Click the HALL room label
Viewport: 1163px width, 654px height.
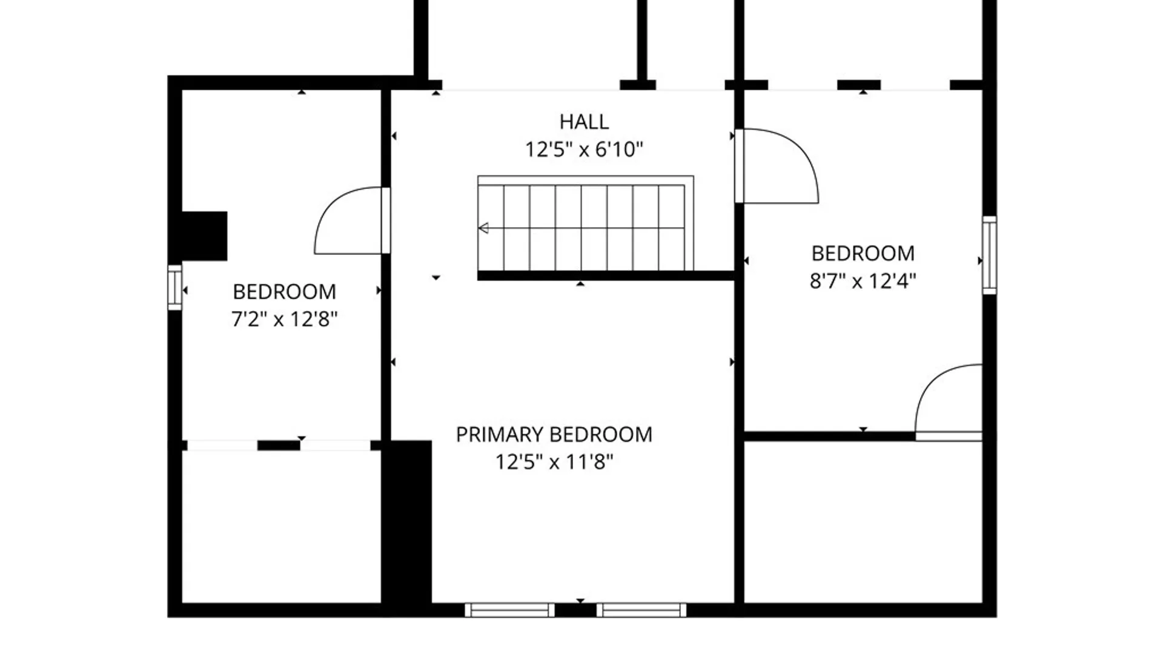(584, 122)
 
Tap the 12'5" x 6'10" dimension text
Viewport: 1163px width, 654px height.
(584, 149)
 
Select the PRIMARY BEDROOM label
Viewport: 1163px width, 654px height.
(554, 435)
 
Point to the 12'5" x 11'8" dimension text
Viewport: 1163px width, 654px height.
(554, 462)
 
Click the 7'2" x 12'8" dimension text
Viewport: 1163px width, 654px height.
(284, 319)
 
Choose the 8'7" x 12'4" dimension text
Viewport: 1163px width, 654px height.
(863, 281)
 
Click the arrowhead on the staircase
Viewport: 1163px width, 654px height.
(483, 228)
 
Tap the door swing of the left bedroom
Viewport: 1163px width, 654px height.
(348, 221)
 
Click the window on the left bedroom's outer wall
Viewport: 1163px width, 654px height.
(175, 287)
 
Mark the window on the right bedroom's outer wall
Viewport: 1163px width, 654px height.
(989, 255)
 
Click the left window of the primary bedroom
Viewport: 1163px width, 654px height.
(509, 610)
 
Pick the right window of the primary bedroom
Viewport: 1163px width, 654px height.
(641, 610)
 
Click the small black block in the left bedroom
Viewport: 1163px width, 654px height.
(204, 236)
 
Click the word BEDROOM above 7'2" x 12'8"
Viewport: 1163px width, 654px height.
(284, 292)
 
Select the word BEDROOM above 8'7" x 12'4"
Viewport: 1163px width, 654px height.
(863, 253)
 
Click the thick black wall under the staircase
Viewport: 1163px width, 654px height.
(606, 276)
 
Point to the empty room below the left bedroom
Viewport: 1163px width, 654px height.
(281, 527)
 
